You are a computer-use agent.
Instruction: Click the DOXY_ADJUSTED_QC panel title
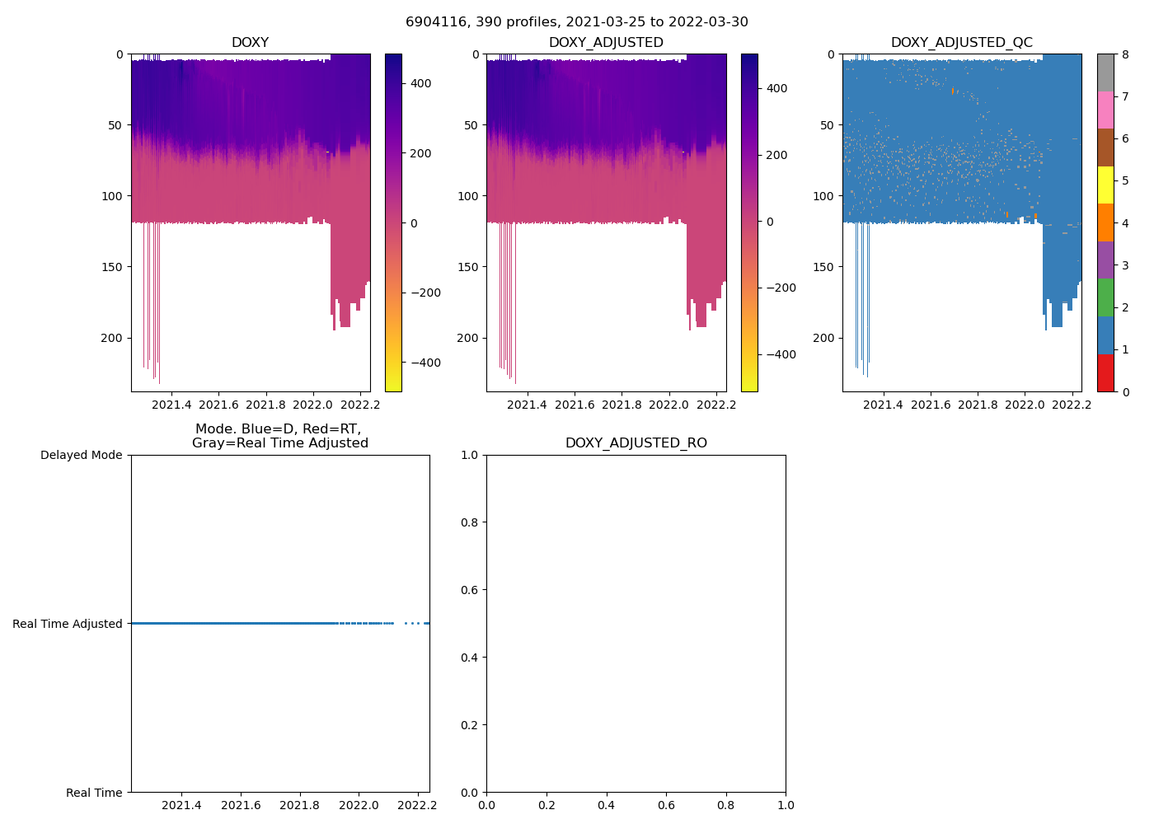pos(961,43)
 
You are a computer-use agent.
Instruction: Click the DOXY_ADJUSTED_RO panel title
pos(636,443)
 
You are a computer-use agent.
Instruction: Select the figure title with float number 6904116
pos(576,22)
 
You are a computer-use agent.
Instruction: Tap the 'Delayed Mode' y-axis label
pos(81,455)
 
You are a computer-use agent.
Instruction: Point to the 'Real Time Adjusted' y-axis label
pos(68,624)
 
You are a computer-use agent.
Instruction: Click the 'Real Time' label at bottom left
pos(94,793)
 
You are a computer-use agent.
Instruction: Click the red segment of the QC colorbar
pos(1105,372)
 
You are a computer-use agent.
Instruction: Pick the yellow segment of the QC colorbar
pos(1105,185)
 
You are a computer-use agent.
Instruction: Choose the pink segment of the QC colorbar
pos(1105,110)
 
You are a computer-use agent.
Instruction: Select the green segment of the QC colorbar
pos(1105,297)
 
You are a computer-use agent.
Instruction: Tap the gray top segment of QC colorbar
pos(1105,73)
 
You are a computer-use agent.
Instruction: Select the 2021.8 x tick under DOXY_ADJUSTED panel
pos(622,405)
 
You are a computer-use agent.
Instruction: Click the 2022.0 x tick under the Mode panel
pos(359,805)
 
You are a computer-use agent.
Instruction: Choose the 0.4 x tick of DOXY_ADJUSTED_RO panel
pos(607,805)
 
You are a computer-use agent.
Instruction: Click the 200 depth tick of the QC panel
pos(824,338)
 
